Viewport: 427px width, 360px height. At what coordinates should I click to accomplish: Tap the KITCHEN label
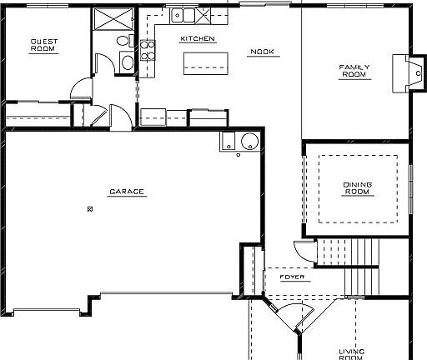(x=198, y=38)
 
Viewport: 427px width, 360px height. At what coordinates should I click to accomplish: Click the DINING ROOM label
(x=357, y=187)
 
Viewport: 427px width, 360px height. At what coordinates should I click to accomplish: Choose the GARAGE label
(x=127, y=192)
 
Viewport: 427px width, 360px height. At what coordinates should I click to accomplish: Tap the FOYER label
(x=292, y=277)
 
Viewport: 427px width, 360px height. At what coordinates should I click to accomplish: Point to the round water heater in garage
(x=248, y=141)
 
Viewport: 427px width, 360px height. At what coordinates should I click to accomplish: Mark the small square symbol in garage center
(x=89, y=208)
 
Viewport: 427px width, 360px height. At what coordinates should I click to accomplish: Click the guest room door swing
(x=81, y=86)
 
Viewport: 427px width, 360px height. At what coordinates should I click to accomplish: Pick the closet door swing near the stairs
(x=302, y=249)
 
